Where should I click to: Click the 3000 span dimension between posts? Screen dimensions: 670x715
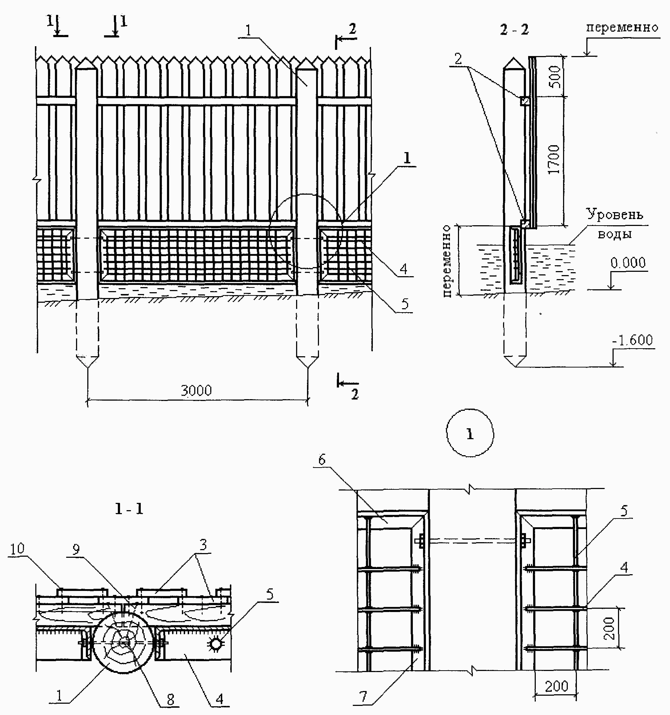pos(196,390)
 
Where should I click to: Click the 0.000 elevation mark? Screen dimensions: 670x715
pos(628,263)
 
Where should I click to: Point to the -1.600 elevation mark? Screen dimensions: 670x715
pos(633,340)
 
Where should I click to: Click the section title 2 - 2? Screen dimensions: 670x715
pos(514,29)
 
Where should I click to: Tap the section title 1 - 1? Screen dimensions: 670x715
pos(129,509)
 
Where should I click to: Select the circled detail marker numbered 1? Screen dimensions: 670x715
pos(470,433)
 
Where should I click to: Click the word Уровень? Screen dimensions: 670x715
pos(614,215)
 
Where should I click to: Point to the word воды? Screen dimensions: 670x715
pos(615,234)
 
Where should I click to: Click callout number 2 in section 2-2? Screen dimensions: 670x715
pos(458,59)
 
